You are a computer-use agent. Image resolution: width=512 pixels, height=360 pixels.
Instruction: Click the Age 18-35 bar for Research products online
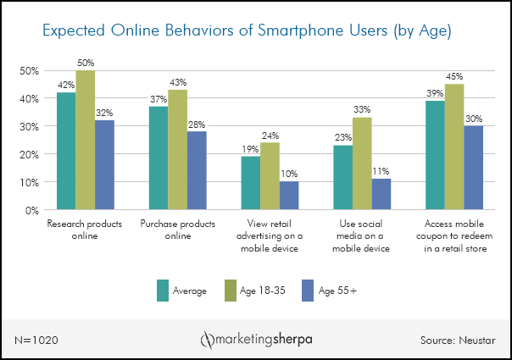coord(85,140)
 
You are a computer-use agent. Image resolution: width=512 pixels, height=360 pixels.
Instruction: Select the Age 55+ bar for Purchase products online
coord(197,170)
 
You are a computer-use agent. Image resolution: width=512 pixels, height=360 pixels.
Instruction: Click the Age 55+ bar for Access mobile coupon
coord(473,168)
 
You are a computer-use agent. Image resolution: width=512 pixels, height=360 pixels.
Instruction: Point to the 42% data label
coord(65,86)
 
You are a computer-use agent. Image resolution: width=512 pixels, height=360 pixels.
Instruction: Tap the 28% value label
coord(197,125)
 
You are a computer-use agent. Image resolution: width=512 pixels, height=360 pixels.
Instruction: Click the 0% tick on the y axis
coord(31,210)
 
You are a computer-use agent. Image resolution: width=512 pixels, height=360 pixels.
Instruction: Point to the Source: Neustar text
coord(458,339)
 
